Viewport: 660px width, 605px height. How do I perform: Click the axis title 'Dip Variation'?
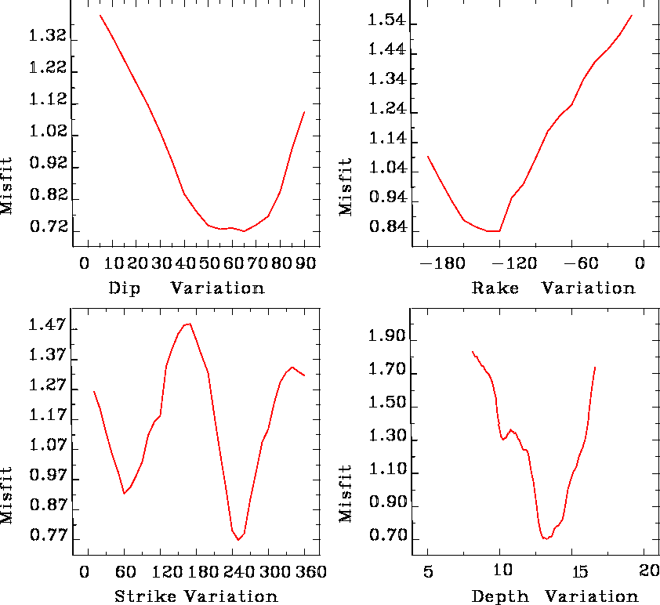click(x=186, y=288)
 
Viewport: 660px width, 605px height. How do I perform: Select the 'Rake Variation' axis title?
click(x=553, y=288)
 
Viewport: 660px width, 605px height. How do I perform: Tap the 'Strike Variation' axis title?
click(x=196, y=596)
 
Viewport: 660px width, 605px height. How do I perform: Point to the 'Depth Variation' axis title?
click(x=554, y=596)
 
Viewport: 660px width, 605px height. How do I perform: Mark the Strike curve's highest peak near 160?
click(x=189, y=323)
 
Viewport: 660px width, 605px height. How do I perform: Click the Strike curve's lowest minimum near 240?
click(x=238, y=540)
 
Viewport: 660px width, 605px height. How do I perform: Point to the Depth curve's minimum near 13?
click(x=546, y=538)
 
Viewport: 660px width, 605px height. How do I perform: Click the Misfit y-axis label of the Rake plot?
click(x=346, y=186)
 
